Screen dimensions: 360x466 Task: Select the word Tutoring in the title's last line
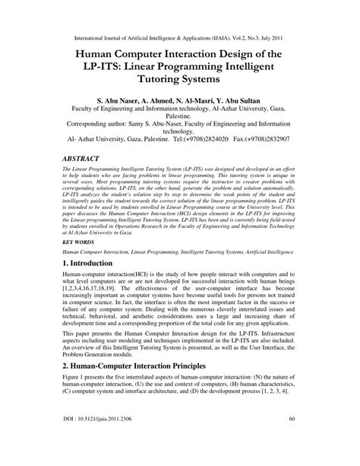pyautogui.click(x=152, y=78)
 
